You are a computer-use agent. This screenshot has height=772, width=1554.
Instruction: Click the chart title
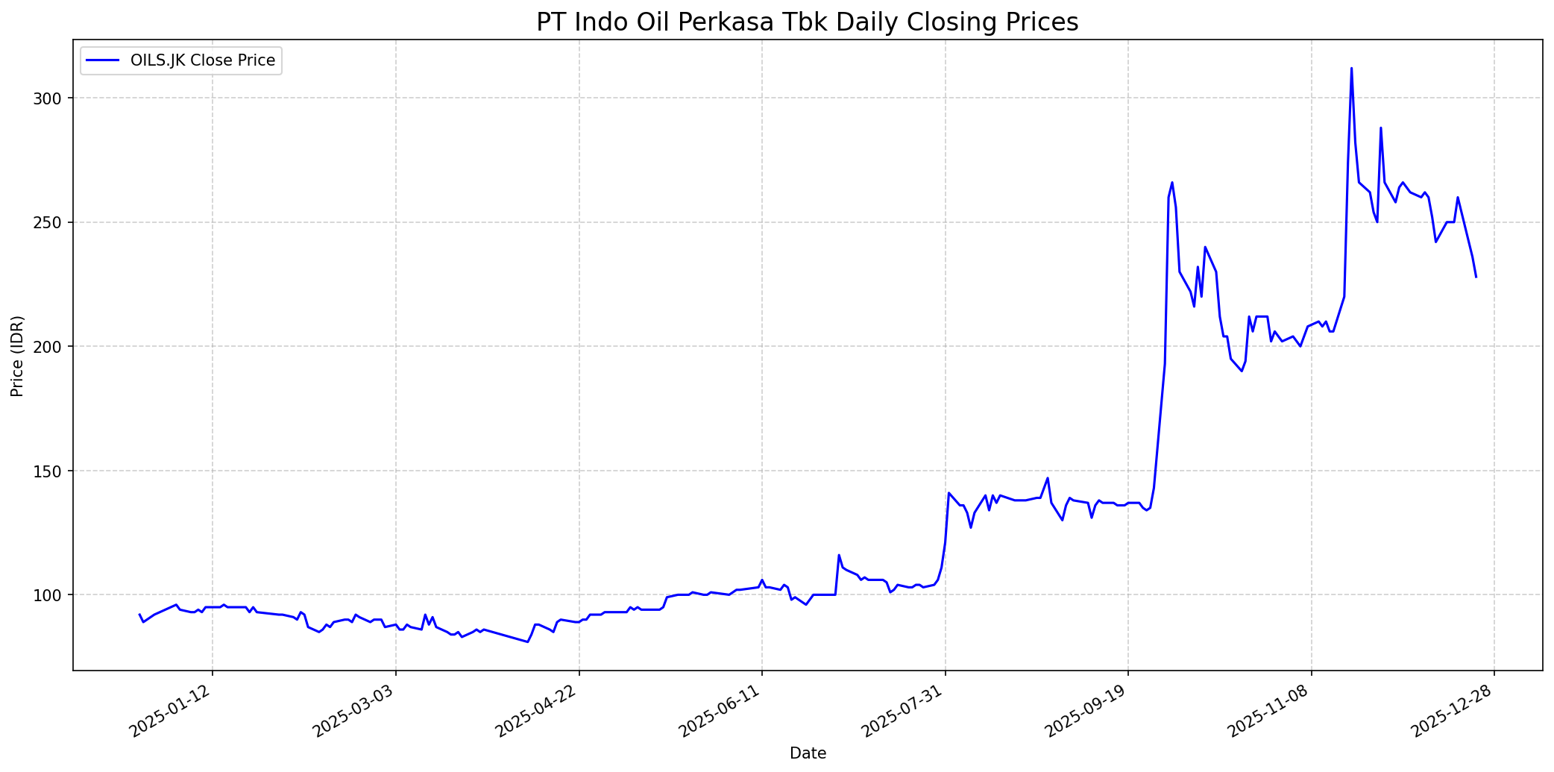[x=807, y=22]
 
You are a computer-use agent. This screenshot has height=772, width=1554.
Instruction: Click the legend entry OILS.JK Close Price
[x=202, y=60]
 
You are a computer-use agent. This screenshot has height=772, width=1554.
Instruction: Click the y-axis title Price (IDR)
[x=17, y=356]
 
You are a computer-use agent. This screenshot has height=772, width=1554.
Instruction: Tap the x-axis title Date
[x=808, y=753]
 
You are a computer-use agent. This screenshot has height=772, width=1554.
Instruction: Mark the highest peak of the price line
[x=1351, y=69]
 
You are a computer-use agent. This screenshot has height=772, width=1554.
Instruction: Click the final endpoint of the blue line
[x=1476, y=277]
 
